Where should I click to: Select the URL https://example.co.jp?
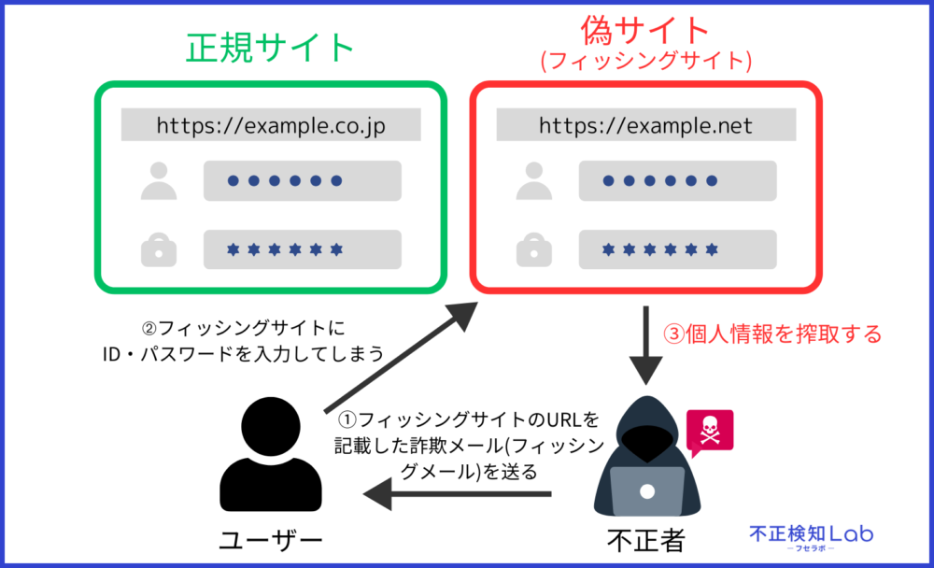click(x=271, y=125)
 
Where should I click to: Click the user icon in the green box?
click(x=159, y=181)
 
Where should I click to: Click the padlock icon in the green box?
click(x=159, y=248)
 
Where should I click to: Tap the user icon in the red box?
click(x=534, y=181)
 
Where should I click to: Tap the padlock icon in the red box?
click(x=534, y=248)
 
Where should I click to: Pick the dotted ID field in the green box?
click(x=303, y=181)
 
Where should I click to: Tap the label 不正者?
click(x=646, y=540)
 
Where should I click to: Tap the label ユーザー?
click(x=271, y=540)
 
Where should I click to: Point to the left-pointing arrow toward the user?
click(x=458, y=495)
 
